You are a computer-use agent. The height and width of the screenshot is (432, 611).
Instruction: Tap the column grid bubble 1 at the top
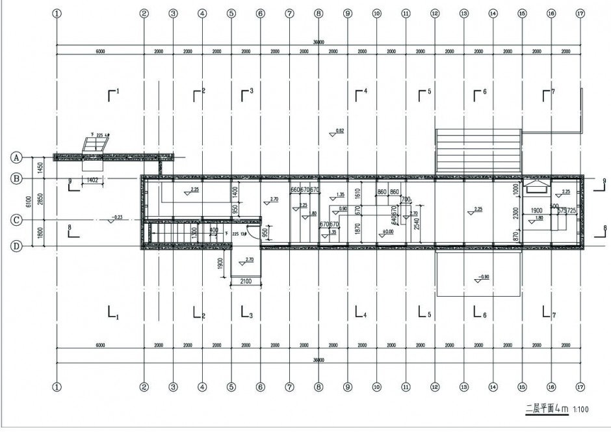57,12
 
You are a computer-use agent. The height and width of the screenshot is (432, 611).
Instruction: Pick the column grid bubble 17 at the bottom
580,386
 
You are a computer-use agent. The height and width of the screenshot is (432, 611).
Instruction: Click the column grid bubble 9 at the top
347,12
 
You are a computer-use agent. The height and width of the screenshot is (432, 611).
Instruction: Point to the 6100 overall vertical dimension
28,202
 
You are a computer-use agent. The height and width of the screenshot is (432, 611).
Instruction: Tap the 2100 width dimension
246,280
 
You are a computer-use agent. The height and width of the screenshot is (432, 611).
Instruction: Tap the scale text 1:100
581,410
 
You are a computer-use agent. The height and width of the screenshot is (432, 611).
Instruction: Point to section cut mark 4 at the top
360,93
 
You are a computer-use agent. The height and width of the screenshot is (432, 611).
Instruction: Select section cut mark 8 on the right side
601,228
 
